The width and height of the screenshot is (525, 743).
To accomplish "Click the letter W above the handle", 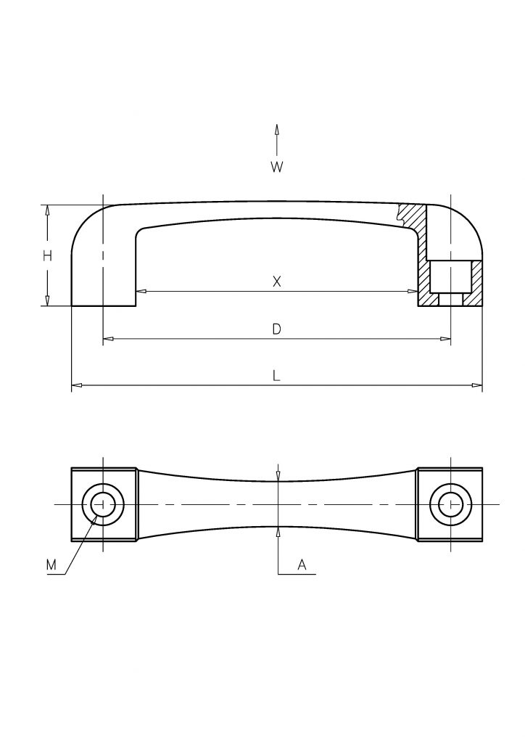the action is coord(276,167).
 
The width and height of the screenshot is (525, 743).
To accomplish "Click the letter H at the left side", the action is coord(47,256).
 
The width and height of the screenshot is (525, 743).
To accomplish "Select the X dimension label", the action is coord(277,282).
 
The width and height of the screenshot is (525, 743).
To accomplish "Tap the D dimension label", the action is coord(277,329).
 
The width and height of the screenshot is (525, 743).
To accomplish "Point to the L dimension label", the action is coord(276,377).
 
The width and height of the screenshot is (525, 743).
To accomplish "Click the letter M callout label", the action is coord(51,565).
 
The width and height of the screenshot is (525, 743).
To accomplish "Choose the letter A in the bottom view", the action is coord(302,565).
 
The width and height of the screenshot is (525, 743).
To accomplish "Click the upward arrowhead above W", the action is coord(277,131).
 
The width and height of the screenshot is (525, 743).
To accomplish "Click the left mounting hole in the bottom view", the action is coord(103,504).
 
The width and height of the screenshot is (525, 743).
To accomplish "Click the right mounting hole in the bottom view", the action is coord(450,504).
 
